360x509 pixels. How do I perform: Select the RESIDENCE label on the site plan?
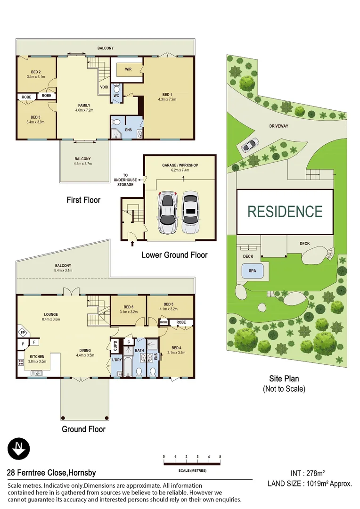285,211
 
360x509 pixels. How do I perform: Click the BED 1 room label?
168,97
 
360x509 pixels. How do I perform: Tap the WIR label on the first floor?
128,69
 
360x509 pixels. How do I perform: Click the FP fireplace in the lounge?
21,332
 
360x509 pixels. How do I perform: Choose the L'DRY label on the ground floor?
116,361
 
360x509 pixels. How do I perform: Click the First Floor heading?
83,200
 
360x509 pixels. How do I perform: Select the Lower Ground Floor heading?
174,255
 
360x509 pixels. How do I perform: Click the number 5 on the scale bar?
220,457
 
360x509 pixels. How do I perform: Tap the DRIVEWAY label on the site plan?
292,126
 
